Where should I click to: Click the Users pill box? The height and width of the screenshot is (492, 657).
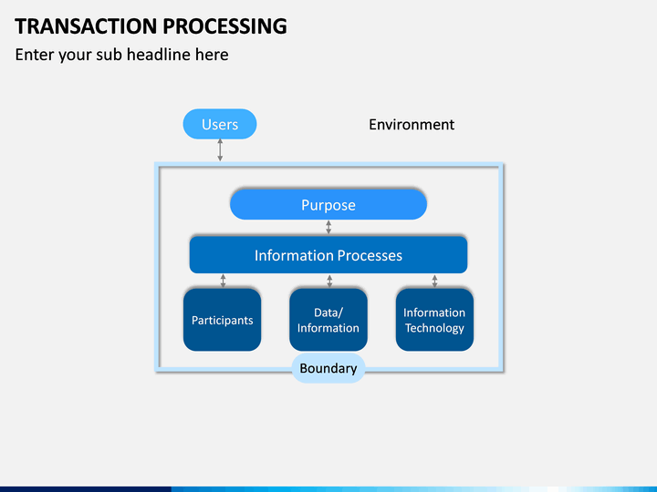tap(220, 124)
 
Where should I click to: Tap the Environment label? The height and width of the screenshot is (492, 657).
tap(412, 124)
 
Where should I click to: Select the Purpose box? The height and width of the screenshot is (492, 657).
tap(328, 205)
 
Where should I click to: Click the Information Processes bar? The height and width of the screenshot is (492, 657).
tap(328, 255)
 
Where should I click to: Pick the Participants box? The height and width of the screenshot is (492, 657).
tap(222, 320)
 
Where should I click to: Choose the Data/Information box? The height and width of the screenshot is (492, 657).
tap(328, 320)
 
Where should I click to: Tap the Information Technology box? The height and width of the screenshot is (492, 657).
tap(434, 320)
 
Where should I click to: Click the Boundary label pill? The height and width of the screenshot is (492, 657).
tap(328, 368)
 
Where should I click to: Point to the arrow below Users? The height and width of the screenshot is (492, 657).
tap(220, 149)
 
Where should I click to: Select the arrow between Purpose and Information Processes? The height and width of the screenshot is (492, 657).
tap(328, 227)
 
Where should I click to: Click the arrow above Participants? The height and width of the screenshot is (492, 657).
tap(223, 281)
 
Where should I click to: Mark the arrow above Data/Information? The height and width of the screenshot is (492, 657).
tap(329, 281)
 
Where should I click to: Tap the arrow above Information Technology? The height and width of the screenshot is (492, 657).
tap(434, 281)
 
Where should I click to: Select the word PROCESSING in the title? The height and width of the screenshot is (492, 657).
tap(225, 26)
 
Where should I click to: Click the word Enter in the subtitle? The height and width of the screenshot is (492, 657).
tap(35, 55)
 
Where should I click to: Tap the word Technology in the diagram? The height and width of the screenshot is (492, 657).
tap(434, 328)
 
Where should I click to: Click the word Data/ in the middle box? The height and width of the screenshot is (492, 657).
tap(328, 313)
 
